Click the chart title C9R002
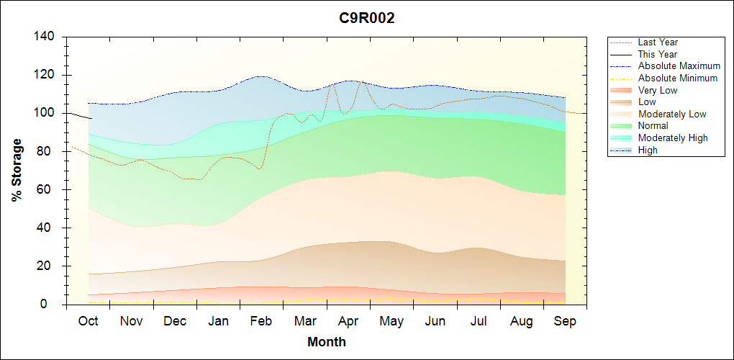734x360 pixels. (x=367, y=19)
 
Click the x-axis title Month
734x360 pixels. (x=327, y=342)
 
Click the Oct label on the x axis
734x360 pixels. (x=88, y=321)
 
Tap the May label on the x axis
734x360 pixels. (x=391, y=321)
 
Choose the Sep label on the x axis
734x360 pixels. (x=565, y=321)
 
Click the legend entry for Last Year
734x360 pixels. (x=657, y=42)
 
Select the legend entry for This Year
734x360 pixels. (x=657, y=54)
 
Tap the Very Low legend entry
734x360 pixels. (x=657, y=90)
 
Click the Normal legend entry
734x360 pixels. (x=653, y=126)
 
